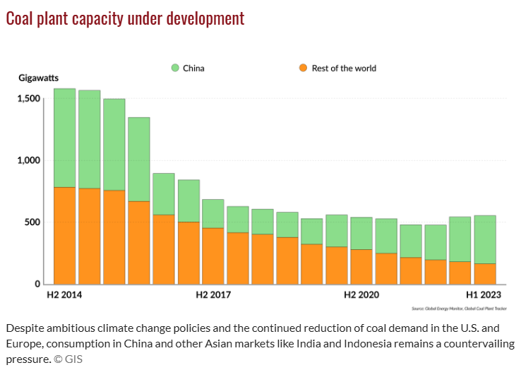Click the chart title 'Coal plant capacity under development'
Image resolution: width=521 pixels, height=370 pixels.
[x=125, y=19]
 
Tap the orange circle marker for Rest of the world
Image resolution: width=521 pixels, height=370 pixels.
[x=303, y=68]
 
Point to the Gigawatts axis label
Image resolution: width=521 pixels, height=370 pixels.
[x=38, y=77]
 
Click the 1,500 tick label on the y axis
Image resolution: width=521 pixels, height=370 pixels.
[x=30, y=99]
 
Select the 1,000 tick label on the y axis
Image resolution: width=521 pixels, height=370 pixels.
[x=30, y=160]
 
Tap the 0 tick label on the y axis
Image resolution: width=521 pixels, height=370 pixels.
[x=40, y=284]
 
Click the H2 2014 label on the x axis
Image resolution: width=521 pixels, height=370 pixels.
[x=64, y=295]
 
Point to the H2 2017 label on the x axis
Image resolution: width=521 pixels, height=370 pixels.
[x=212, y=295]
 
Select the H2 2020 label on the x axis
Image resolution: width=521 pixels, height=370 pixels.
[x=361, y=295]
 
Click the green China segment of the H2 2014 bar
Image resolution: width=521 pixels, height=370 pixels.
[x=65, y=138]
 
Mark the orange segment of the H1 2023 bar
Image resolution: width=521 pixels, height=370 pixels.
[x=484, y=273]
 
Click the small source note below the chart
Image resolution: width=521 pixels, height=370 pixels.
[x=459, y=309]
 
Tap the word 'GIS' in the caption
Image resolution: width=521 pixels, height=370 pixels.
[x=73, y=359]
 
